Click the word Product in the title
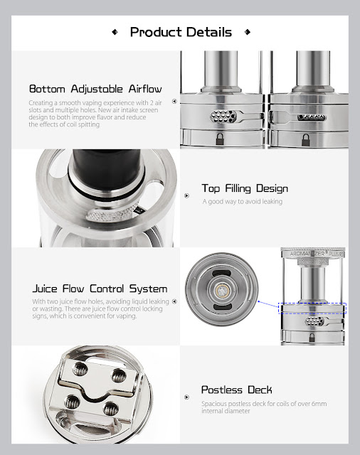(156, 32)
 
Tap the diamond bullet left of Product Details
(115, 32)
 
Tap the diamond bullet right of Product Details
(248, 32)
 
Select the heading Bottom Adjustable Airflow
(95, 89)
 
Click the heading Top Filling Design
(245, 188)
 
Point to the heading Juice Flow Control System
(100, 289)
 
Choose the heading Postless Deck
(237, 390)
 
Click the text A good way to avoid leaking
(243, 201)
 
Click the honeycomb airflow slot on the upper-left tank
(223, 117)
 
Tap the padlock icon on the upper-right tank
(305, 140)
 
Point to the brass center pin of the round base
(221, 289)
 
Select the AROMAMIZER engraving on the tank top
(307, 254)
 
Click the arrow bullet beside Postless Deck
(186, 397)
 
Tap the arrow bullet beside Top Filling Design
(186, 196)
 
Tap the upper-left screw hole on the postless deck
(80, 368)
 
